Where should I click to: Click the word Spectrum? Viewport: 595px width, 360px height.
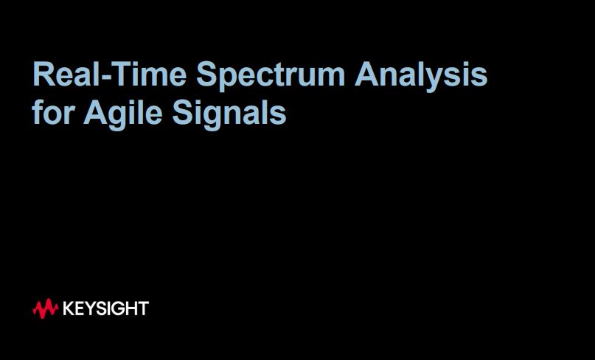271,76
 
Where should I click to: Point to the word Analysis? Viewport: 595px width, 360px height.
421,76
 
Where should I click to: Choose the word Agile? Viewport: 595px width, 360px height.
122,115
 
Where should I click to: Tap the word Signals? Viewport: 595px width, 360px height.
229,115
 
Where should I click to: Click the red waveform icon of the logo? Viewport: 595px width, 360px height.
45,308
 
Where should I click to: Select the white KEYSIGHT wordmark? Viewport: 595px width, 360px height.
105,308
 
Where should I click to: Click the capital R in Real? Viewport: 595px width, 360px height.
44,74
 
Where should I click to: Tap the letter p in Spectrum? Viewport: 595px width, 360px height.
229,80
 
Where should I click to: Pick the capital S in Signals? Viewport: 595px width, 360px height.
184,112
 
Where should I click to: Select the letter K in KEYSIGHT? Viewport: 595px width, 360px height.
69,309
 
